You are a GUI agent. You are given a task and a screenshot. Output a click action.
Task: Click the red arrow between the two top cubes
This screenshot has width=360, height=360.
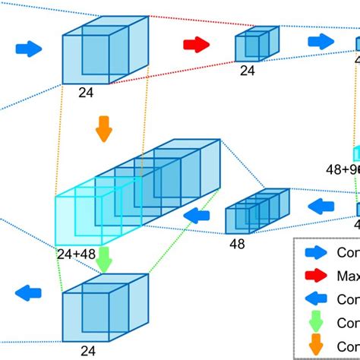click(196, 45)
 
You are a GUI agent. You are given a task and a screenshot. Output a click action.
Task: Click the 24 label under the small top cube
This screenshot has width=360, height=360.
click(247, 70)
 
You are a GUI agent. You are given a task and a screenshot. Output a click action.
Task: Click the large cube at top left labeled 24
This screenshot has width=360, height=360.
click(95, 53)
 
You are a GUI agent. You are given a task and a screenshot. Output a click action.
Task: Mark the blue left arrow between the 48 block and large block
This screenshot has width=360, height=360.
click(197, 216)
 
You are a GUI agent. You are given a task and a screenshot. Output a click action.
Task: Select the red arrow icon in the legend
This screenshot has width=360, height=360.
click(317, 274)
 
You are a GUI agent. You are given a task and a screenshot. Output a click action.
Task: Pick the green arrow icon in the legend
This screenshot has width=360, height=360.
click(317, 323)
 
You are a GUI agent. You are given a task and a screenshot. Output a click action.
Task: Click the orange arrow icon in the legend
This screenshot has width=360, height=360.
click(317, 346)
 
